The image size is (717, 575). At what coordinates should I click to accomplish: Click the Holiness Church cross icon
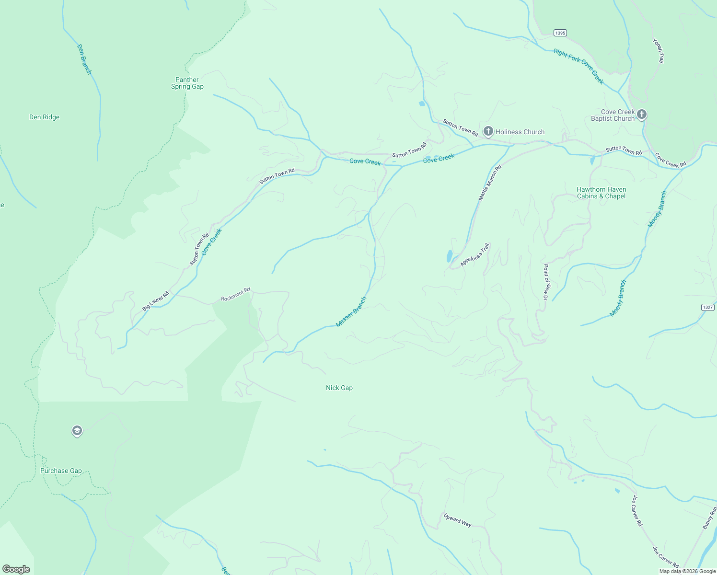pos(488,131)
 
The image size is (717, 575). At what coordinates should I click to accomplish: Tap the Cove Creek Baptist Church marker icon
pos(642,115)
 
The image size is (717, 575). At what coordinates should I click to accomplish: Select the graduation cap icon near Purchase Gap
pos(77,431)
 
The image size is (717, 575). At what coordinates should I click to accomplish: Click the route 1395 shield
pos(560,33)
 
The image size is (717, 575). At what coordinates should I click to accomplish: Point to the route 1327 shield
pos(707,307)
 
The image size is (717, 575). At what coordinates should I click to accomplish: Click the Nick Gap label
pos(339,388)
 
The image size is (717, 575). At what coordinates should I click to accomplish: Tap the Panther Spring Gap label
pos(187,83)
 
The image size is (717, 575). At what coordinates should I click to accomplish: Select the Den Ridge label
pos(44,117)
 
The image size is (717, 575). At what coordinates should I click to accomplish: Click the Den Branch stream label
pos(84,59)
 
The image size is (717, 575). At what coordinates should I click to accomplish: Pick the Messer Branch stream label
pos(351,312)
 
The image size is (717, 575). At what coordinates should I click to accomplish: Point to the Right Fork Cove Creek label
pos(578,66)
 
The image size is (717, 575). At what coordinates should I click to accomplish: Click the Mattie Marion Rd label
pos(489,183)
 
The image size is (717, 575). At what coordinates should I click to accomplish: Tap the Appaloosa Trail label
pos(475,255)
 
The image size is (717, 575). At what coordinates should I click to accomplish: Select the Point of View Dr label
pos(545,282)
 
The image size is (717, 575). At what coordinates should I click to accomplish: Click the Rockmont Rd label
pos(235,295)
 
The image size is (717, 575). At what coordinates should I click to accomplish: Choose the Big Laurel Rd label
pos(156,301)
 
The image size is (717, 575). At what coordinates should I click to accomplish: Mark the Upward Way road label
pos(457,520)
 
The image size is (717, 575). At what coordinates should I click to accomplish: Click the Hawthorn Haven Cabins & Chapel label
pos(601,193)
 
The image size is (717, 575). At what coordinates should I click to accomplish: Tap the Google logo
pos(16,569)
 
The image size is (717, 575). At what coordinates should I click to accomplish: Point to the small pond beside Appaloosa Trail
pos(449,256)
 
